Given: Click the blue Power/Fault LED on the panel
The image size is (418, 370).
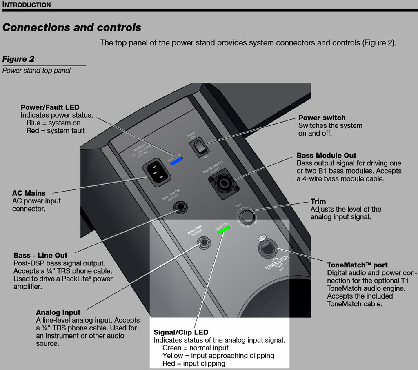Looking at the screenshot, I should [x=177, y=161].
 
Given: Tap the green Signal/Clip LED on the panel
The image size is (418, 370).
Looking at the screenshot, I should [x=224, y=230].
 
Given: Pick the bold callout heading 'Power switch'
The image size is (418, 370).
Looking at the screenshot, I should [x=322, y=118].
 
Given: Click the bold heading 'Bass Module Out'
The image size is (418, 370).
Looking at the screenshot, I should [x=327, y=156].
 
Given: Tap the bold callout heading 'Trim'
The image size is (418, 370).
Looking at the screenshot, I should [x=318, y=201].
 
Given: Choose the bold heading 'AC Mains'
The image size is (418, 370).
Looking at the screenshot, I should [x=29, y=193].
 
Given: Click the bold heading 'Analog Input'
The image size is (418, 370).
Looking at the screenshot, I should [x=58, y=313].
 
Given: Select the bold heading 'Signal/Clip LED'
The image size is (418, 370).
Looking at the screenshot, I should [x=181, y=332].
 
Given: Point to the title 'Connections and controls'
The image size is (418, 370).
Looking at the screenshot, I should [x=72, y=28].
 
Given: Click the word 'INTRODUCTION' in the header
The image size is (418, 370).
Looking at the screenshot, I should [x=27, y=4].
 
